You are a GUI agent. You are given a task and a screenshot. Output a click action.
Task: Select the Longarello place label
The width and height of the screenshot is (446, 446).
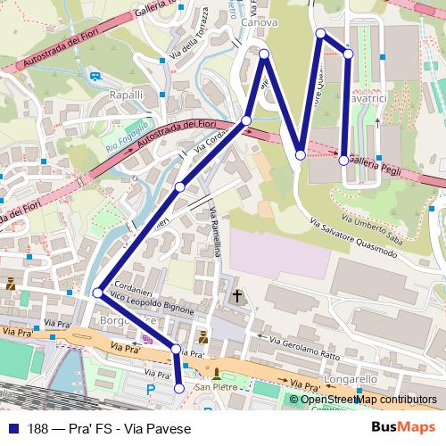point(351,379)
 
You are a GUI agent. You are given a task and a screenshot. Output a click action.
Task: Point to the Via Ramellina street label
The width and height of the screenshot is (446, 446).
point(216,232)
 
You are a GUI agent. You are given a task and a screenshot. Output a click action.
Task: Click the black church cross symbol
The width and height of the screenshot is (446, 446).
point(237,294)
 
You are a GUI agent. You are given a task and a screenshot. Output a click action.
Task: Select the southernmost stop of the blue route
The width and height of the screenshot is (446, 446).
point(179,388)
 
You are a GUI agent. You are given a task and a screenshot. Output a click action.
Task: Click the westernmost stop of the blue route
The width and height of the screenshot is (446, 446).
point(96,292)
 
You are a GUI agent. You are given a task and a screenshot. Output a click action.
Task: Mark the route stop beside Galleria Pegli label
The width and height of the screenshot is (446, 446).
point(343,161)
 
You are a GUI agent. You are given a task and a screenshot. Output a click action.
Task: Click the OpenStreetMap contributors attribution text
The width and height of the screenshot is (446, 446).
point(368,401)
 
